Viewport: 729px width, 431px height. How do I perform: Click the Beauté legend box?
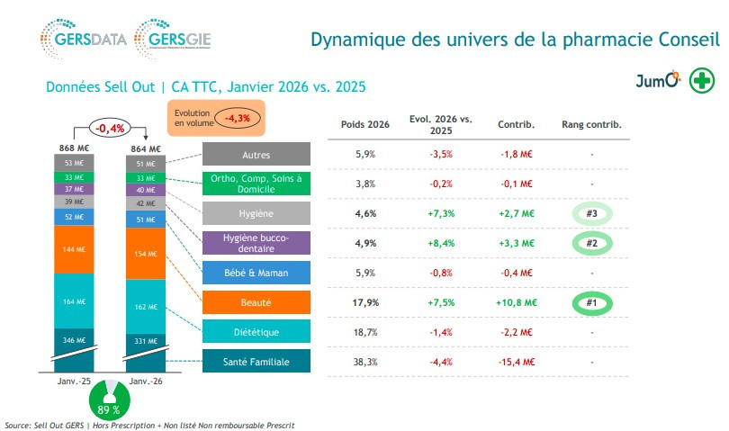pos(256,303)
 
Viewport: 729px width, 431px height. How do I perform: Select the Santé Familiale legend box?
pos(256,362)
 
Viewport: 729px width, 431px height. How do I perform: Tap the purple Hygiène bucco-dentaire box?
pos(256,242)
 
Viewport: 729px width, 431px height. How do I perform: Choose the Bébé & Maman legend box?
pos(256,273)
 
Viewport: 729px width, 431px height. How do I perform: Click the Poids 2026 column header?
pos(364,124)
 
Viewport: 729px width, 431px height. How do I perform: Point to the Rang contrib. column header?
pos(591,124)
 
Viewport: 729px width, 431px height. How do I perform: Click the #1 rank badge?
pos(591,302)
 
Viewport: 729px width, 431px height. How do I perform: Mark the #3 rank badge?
pos(591,213)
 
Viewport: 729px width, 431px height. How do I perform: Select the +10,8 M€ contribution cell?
pos(517,302)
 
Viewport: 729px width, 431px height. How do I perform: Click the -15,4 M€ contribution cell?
pos(517,362)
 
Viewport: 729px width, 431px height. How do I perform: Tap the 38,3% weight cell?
pos(364,362)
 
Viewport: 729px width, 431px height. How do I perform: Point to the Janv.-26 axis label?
pos(144,382)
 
